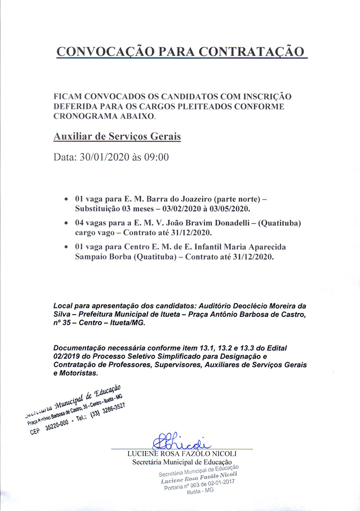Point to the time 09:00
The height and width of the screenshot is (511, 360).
(156, 157)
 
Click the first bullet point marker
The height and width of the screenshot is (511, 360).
(66, 199)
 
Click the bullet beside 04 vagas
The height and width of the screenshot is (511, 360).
(66, 223)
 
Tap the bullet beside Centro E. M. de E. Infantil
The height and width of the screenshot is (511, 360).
(66, 248)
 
